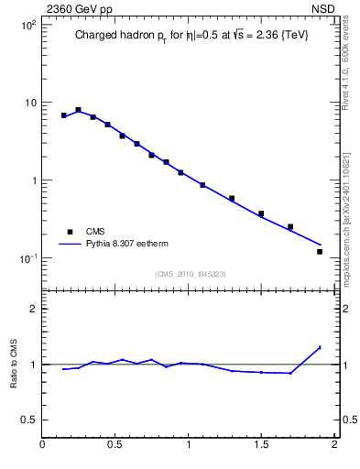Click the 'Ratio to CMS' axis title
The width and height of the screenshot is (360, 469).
14,364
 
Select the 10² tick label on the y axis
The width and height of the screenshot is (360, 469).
27,25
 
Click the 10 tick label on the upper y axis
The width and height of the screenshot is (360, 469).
29,103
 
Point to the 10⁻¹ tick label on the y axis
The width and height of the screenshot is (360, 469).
27,258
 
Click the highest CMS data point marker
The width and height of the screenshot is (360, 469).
79,110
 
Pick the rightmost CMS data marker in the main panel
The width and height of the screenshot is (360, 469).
320,251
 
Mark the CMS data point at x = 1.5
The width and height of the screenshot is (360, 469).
261,213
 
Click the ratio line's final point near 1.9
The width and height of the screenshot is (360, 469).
320,347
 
